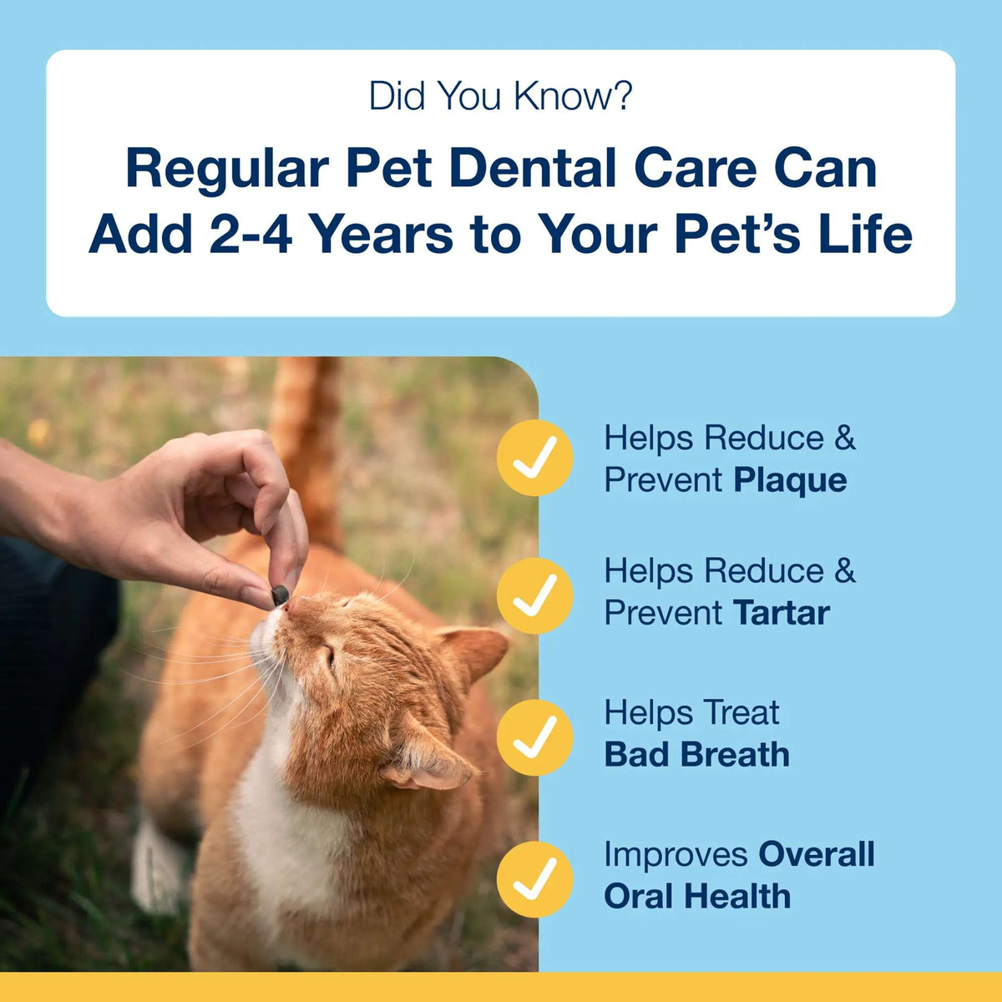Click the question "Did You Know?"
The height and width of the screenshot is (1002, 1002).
pos(500,96)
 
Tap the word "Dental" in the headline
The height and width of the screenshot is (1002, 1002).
pos(535,168)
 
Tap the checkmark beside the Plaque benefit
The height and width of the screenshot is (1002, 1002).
pos(535,458)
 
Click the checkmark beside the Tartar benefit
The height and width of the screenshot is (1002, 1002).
pos(535,595)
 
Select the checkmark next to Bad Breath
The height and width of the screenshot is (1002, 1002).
pos(535,737)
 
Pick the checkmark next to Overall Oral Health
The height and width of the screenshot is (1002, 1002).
pos(535,878)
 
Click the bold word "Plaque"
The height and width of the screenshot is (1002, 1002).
pos(790,480)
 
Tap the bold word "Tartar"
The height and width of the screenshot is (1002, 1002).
pos(782,613)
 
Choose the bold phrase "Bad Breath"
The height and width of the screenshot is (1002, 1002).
pos(696,755)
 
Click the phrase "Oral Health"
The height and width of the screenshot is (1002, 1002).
pos(696,896)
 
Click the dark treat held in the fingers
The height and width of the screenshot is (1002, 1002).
pos(280,595)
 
